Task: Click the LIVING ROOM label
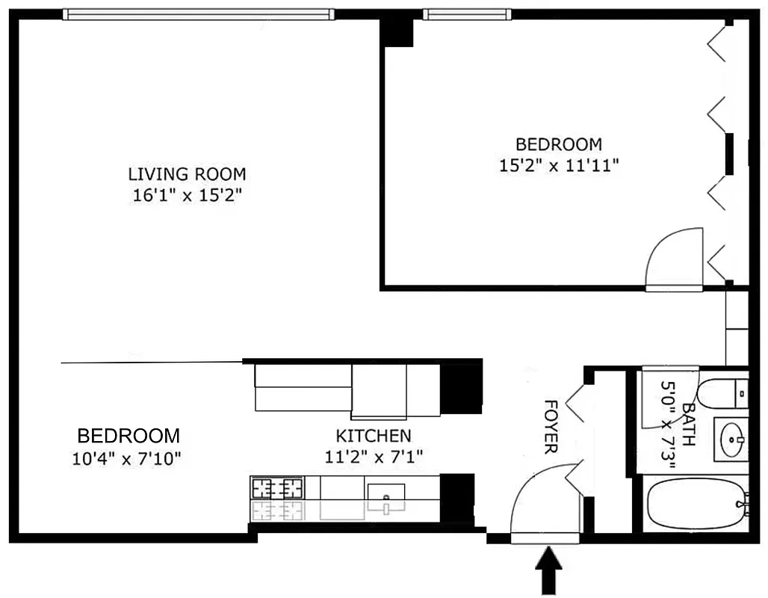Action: click(187, 174)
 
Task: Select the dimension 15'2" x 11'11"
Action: click(559, 165)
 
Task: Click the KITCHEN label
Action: click(373, 436)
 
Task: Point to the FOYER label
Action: click(550, 427)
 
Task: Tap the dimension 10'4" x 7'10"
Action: click(127, 457)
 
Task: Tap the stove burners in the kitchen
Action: click(278, 488)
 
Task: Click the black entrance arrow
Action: click(550, 569)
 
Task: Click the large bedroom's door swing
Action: click(674, 259)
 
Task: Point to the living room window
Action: click(198, 13)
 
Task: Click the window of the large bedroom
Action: click(467, 13)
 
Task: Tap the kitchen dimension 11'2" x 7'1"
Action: click(373, 457)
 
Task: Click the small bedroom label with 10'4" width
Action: click(128, 436)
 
